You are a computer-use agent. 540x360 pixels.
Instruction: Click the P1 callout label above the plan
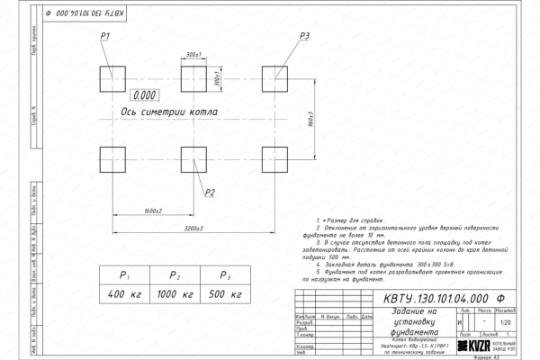coord(105,35)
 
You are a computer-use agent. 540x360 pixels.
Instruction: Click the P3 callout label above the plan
coord(304,35)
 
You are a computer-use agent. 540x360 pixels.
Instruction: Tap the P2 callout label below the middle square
coord(209,192)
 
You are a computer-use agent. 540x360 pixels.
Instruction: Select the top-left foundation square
coord(114,76)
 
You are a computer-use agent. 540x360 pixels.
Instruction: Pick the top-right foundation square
coord(274,76)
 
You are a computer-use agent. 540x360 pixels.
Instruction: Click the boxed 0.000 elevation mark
coord(144,94)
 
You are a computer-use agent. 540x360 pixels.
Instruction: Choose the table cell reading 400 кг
coord(125,294)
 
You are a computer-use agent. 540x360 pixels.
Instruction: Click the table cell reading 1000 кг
coord(176,294)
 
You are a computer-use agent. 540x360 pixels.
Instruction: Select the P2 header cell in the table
coord(176,275)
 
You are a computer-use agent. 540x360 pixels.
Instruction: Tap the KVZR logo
coord(478,346)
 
